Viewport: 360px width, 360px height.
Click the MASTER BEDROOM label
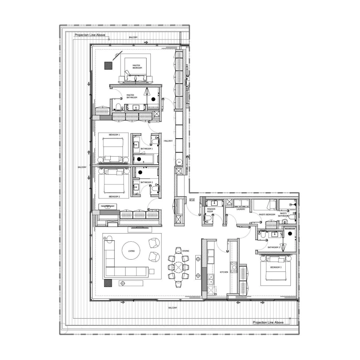pos(136,67)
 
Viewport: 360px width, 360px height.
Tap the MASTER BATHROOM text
pos(131,96)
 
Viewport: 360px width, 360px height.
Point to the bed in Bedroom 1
pos(111,148)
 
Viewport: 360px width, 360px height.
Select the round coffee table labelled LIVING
pos(131,250)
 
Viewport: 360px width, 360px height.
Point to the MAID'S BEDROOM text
pos(266,215)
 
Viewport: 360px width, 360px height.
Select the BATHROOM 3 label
pos(274,247)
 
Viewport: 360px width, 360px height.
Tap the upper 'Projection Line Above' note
pos(90,35)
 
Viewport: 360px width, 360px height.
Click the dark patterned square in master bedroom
pos(108,66)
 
